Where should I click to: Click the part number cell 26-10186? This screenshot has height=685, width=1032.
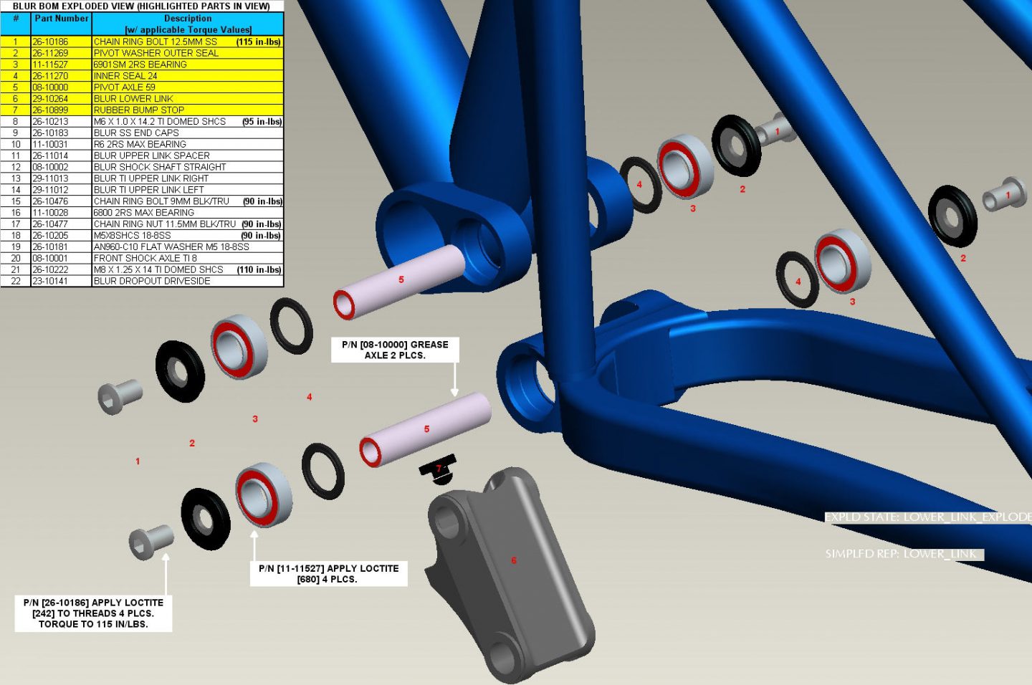pyautogui.click(x=62, y=42)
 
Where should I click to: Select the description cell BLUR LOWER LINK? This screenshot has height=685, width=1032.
pyautogui.click(x=188, y=99)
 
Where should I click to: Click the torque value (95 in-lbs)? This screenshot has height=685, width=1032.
pyautogui.click(x=262, y=122)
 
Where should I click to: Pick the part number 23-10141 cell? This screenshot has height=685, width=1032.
pyautogui.click(x=62, y=281)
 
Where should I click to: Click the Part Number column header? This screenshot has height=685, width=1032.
pyautogui.click(x=62, y=19)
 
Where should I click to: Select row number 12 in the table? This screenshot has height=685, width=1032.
pyautogui.click(x=16, y=167)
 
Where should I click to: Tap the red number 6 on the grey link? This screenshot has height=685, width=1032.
pyautogui.click(x=514, y=560)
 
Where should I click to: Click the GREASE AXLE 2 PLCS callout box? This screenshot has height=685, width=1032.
pyautogui.click(x=395, y=350)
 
